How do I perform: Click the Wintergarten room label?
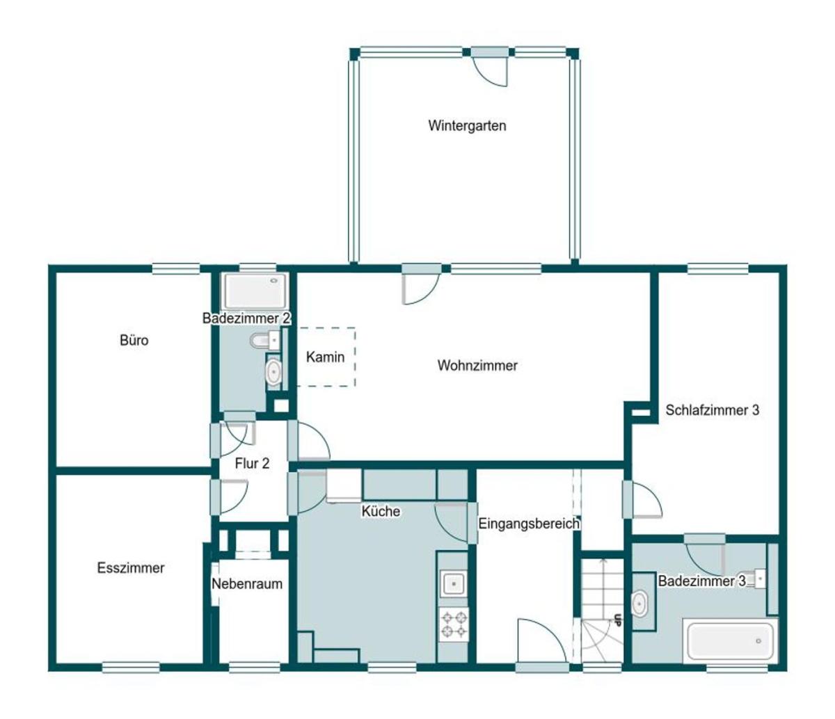467,126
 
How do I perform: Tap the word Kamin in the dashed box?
325,357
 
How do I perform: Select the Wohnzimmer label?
477,365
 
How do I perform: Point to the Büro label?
134,340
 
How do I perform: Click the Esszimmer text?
131,568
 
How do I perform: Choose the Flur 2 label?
252,463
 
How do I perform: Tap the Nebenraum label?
247,584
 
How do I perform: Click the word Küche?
381,511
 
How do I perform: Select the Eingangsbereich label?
529,524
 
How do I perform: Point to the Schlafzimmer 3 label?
713,410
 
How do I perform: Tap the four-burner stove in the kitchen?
454,624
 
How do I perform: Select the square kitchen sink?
453,583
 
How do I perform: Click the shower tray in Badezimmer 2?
256,291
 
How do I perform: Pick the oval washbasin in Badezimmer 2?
273,371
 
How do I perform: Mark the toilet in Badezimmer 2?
265,341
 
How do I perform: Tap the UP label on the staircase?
617,620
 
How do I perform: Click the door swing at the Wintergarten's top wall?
490,71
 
